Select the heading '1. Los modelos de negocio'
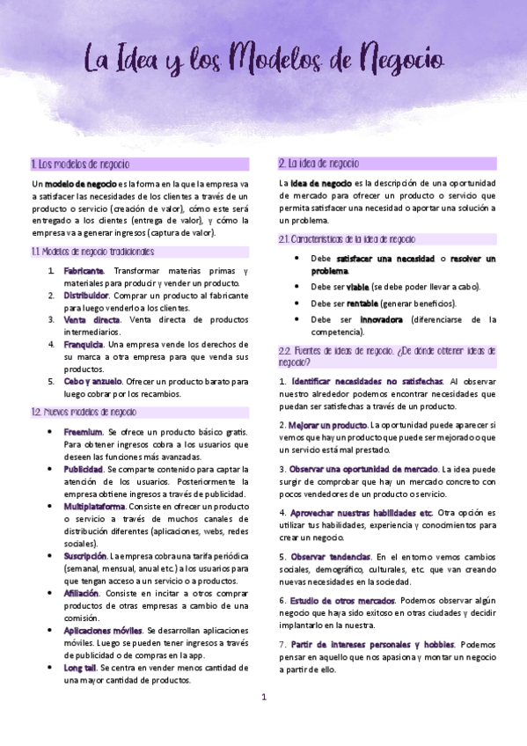pyautogui.click(x=80, y=164)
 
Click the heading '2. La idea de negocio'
pyautogui.click(x=318, y=164)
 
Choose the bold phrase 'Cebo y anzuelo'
pyautogui.click(x=91, y=381)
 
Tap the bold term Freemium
pyautogui.click(x=83, y=432)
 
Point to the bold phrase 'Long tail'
pyautogui.click(x=80, y=668)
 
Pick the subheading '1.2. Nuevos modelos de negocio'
pyautogui.click(x=84, y=412)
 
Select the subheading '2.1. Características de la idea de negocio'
pyautogui.click(x=347, y=239)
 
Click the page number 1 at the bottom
pyautogui.click(x=263, y=698)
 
